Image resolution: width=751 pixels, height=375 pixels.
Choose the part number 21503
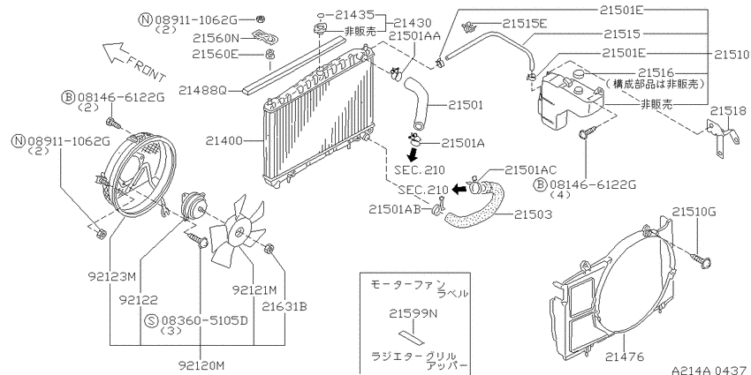click(533, 214)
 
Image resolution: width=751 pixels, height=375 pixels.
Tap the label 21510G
click(694, 211)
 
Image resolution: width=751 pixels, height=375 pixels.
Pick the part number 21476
click(624, 356)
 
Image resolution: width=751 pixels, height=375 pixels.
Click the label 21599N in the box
click(413, 314)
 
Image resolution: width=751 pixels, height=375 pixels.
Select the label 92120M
click(201, 366)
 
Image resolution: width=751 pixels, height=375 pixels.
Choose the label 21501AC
click(531, 169)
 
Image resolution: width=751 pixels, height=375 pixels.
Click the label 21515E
click(525, 23)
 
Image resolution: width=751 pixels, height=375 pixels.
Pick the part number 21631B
click(284, 305)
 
